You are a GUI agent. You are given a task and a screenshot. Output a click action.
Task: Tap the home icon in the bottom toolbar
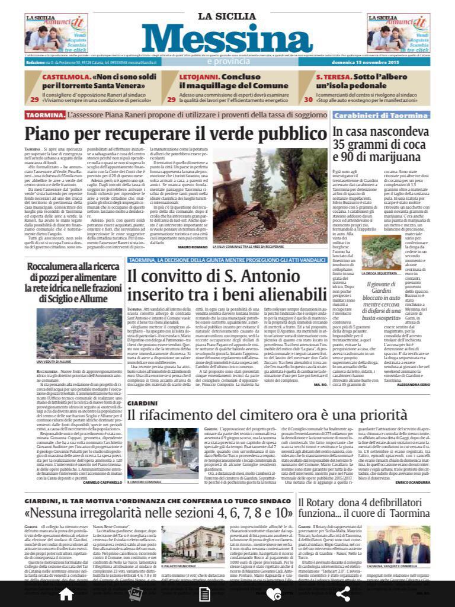[x=66, y=593]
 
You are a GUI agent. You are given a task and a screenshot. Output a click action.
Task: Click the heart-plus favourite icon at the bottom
[x=273, y=593]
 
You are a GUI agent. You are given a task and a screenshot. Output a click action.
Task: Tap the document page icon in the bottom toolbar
[x=204, y=593]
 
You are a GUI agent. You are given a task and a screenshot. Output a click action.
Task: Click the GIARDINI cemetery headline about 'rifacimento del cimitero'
[x=248, y=399]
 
